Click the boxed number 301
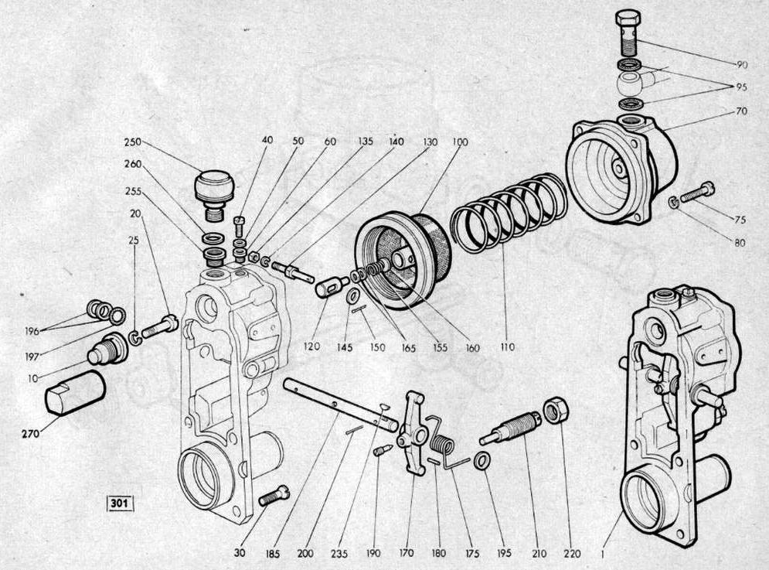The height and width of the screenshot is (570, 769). [120, 503]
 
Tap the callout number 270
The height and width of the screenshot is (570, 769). [31, 433]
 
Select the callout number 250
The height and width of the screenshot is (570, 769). [132, 142]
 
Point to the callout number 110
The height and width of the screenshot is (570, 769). [507, 347]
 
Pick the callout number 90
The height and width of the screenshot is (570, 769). [741, 65]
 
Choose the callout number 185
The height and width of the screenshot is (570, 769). [273, 555]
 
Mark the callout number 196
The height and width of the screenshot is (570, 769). [32, 332]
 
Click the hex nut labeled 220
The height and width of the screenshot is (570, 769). [556, 410]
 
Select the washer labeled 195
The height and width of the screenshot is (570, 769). [481, 461]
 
